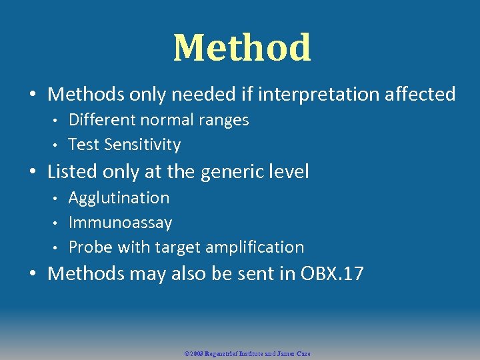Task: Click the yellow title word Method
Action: click(242, 48)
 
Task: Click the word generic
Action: click(227, 172)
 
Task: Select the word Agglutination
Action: click(119, 198)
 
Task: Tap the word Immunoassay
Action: click(120, 223)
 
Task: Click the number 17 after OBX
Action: click(353, 273)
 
